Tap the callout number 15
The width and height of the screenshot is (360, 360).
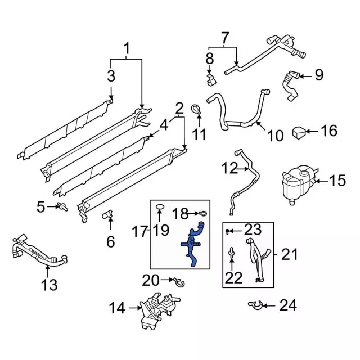tap(337, 181)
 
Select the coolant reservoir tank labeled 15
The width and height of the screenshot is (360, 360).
tap(296, 182)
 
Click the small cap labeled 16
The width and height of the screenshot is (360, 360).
tap(298, 133)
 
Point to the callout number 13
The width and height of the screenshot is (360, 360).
tap(49, 285)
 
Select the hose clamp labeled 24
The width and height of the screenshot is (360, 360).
tap(255, 305)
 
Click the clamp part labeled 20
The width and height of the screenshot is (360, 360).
tap(176, 281)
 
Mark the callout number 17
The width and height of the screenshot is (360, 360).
tap(140, 231)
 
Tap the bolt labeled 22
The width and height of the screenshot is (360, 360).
tap(232, 254)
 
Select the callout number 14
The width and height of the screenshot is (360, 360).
tap(116, 308)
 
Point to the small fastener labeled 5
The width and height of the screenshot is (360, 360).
tap(62, 208)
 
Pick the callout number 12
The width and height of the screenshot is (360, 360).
tap(230, 168)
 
